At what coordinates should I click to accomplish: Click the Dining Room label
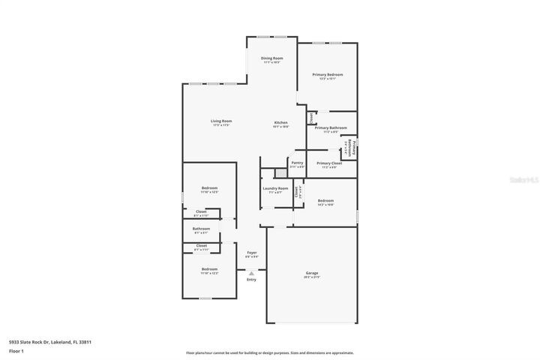tap(271, 58)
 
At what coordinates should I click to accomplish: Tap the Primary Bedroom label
tap(328, 74)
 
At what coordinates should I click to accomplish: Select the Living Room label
tap(220, 121)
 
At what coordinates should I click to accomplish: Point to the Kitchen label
tap(280, 122)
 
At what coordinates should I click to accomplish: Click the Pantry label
tap(297, 162)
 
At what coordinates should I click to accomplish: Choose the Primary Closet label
tap(329, 163)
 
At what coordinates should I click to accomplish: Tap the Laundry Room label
tap(274, 188)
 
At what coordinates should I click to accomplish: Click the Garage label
tap(312, 272)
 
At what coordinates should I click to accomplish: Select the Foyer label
tap(251, 253)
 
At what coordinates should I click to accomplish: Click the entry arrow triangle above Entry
tap(251, 273)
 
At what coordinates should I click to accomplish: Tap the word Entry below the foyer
tap(251, 280)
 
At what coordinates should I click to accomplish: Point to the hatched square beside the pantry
tap(281, 172)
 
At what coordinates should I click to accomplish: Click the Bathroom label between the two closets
tap(201, 229)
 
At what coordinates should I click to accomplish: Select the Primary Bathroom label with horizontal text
tap(330, 127)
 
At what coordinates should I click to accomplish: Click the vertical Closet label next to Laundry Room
tap(297, 191)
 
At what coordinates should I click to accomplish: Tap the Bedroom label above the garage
tap(325, 200)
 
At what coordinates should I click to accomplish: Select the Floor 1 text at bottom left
tap(16, 351)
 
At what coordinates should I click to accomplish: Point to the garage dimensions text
tap(312, 277)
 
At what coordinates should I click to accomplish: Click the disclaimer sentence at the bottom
tap(269, 352)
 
